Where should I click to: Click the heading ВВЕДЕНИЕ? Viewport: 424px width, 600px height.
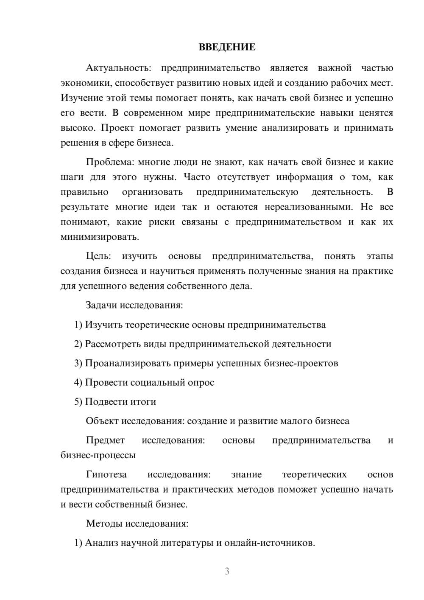[227, 47]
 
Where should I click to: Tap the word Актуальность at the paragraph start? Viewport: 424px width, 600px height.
[117, 68]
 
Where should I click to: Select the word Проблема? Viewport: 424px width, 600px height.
[109, 162]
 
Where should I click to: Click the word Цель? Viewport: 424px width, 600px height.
[98, 256]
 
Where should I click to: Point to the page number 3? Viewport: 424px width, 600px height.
[227, 571]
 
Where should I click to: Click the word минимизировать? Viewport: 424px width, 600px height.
[99, 237]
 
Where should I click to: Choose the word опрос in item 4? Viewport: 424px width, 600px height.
[200, 383]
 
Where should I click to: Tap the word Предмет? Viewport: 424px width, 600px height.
[105, 440]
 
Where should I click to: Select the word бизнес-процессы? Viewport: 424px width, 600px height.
[98, 455]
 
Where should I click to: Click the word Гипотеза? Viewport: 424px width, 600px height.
[106, 475]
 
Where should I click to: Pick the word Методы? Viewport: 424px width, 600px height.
[104, 524]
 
